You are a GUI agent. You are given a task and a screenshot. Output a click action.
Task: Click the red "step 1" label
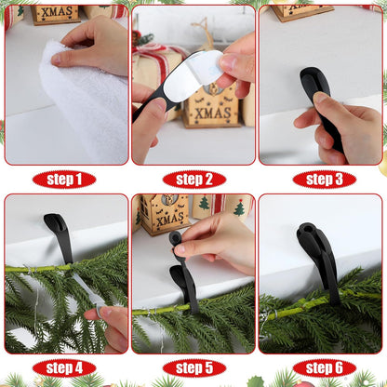pyautogui.click(x=63, y=180)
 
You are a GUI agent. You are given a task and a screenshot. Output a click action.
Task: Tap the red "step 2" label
pyautogui.click(x=193, y=180)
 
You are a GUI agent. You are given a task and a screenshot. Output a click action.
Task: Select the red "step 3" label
pyautogui.click(x=324, y=180)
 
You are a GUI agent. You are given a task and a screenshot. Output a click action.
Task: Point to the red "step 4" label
pyautogui.click(x=63, y=367)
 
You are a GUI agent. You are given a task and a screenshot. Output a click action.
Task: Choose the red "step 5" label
pyautogui.click(x=193, y=367)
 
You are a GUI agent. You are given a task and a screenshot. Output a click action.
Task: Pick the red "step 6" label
pyautogui.click(x=324, y=367)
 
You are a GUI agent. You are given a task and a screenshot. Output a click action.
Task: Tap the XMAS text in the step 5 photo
pyautogui.click(x=167, y=219)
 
